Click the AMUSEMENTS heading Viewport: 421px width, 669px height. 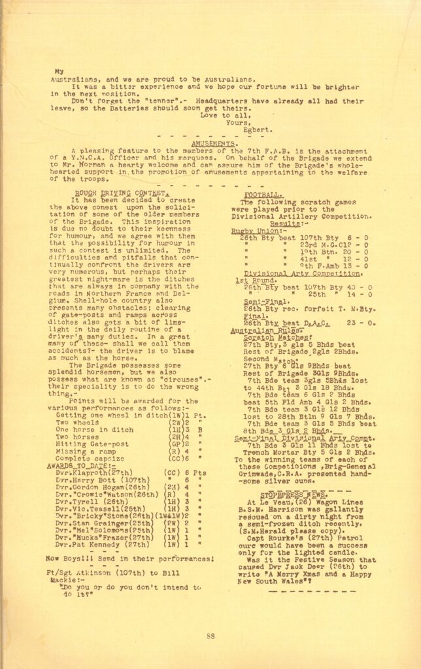pos(214,142)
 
